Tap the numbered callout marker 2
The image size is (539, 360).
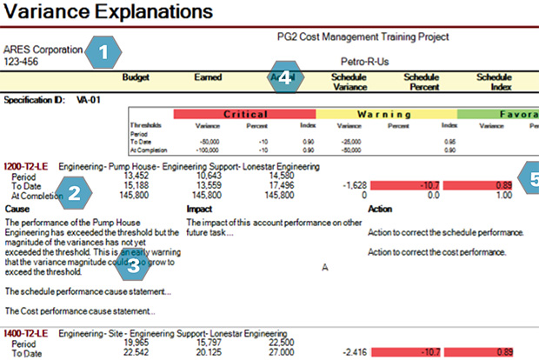(76, 193)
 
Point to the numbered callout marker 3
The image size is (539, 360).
(133, 264)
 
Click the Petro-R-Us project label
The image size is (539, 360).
(371, 63)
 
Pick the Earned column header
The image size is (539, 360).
(213, 77)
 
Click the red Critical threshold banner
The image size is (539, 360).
(244, 115)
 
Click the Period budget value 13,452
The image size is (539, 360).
(139, 175)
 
